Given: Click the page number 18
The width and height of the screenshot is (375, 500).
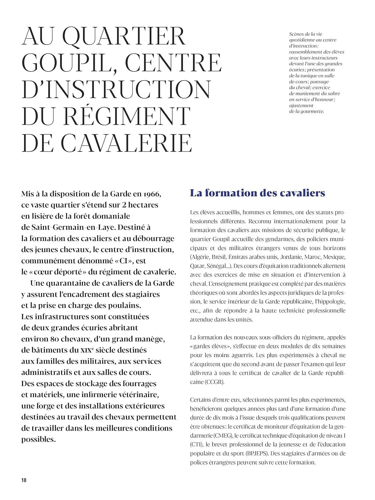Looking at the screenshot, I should tap(24, 480).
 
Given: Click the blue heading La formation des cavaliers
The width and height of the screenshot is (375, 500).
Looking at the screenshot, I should tap(257, 193).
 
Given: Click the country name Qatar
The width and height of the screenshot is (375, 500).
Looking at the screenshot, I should tap(197, 266).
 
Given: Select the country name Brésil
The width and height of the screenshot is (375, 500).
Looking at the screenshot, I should tap(218, 257).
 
